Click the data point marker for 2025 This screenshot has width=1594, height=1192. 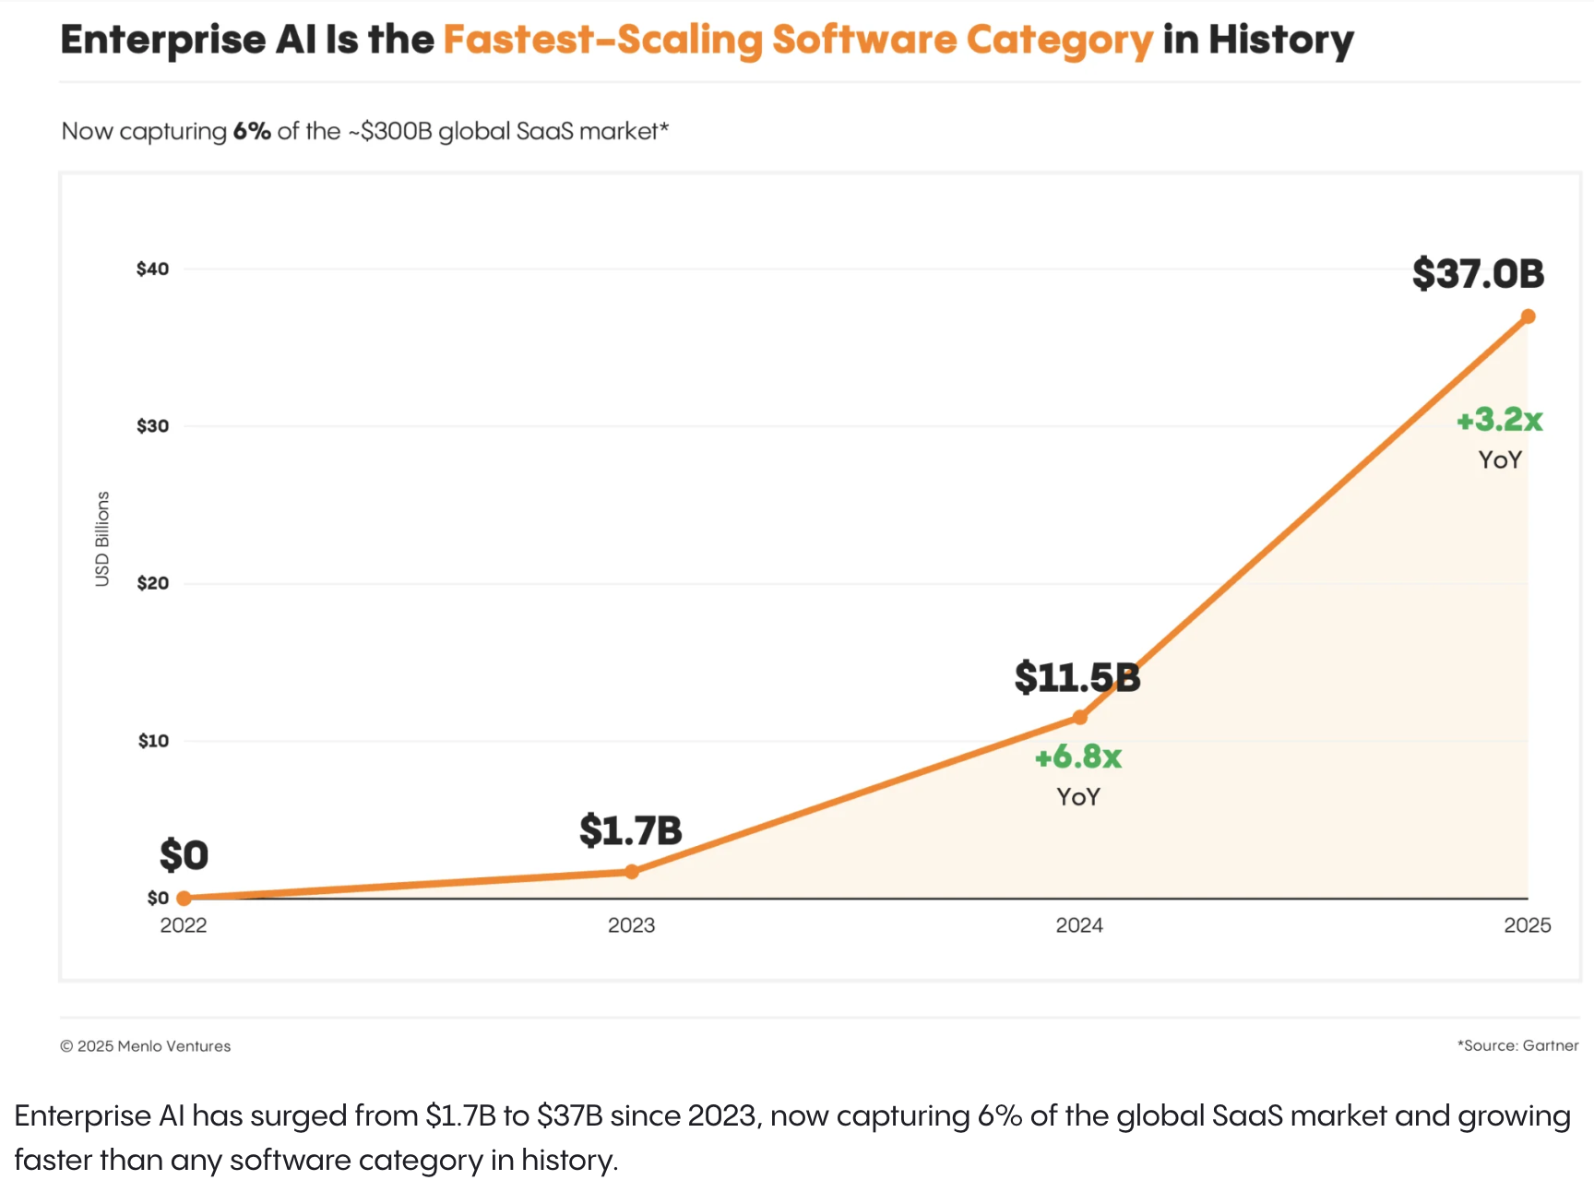click(x=1528, y=316)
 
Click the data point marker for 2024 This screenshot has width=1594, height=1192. click(x=1079, y=717)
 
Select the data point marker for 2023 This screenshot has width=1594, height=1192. click(x=632, y=871)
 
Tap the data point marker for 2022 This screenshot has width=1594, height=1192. click(x=184, y=898)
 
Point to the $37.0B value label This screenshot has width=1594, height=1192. click(x=1478, y=274)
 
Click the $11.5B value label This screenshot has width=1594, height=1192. click(x=1077, y=678)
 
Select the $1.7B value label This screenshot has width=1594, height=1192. click(x=630, y=830)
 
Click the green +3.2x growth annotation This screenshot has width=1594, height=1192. click(x=1499, y=420)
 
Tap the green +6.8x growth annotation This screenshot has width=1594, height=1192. click(x=1077, y=757)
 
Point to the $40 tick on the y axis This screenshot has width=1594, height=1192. click(x=153, y=269)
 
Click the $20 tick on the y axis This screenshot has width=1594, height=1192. click(x=153, y=583)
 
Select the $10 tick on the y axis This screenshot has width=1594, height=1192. click(x=153, y=741)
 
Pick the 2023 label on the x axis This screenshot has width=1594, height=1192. click(x=631, y=925)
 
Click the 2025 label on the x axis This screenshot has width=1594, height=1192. click(x=1527, y=925)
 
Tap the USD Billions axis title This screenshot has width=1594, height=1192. click(x=102, y=539)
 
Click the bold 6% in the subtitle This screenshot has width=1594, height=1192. click(x=251, y=131)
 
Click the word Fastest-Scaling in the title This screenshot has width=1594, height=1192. click(x=602, y=41)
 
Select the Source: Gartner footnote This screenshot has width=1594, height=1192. click(x=1517, y=1045)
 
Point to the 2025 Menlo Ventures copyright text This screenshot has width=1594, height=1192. click(x=146, y=1046)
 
